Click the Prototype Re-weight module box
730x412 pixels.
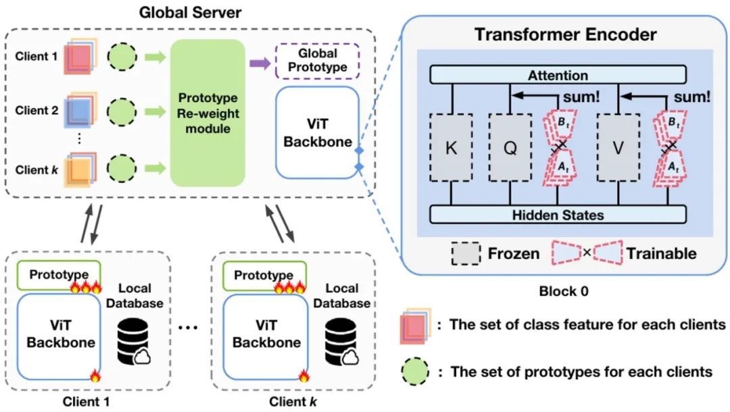coord(208,113)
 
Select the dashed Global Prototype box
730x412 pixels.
coord(318,61)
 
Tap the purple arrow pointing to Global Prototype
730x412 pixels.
coord(260,63)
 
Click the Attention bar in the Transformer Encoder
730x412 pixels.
coord(558,75)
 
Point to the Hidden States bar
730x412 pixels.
coord(558,215)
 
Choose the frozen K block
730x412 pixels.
coord(451,148)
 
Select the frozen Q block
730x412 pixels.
coord(510,148)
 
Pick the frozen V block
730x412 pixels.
coord(618,148)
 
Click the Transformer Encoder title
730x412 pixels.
coord(566,34)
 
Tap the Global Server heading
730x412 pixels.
coord(190,12)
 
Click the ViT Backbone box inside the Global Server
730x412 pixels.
coord(318,132)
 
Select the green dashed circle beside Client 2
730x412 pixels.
coord(122,111)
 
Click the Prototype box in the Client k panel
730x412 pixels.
coord(264,276)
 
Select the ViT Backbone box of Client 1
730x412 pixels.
coord(59,336)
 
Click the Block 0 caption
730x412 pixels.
coord(564,292)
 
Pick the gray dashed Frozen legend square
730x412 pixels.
coord(466,253)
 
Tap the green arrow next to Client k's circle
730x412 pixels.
coord(155,168)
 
